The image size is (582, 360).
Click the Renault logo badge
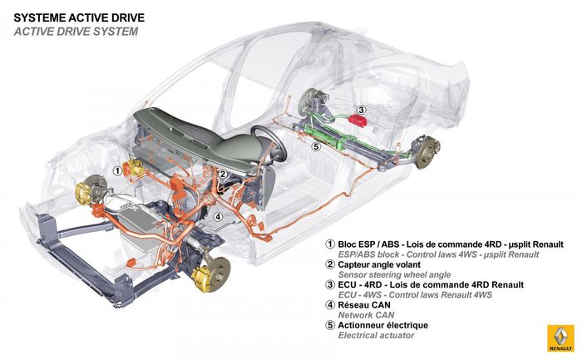tap(560, 338)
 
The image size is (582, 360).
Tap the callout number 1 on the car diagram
tap(117, 171)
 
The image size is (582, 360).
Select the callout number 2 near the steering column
tap(223, 174)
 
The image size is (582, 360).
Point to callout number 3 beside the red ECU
tap(361, 110)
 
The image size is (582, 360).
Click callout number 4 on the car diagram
tap(218, 216)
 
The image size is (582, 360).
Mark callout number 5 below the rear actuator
tap(316, 146)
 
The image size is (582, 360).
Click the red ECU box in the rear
tap(358, 121)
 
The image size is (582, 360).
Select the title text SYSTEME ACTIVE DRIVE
tap(79, 17)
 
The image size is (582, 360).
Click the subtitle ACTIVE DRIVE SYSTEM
tap(76, 32)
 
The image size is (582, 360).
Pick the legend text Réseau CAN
tap(364, 305)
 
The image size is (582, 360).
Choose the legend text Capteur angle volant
tap(379, 264)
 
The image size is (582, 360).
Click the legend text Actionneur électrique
tap(382, 325)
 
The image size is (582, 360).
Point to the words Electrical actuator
tap(376, 336)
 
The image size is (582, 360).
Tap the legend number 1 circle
tap(330, 244)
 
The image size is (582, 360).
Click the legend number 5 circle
tap(330, 325)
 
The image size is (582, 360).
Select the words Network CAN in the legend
tap(366, 315)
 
